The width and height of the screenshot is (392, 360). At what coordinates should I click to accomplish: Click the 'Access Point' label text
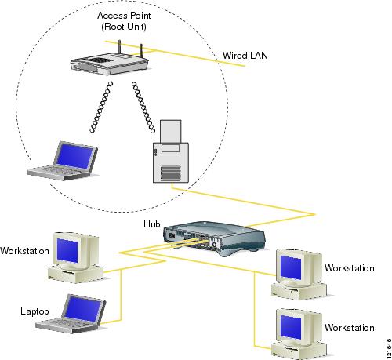pos(124,16)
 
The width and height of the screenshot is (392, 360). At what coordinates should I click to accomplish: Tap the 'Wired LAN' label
pos(245,56)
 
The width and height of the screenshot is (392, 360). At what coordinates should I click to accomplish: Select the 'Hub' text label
pos(152,224)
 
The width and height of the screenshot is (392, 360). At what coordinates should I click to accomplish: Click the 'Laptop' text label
pos(34,311)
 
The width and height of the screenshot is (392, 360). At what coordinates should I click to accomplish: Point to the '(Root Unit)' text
pos(124,27)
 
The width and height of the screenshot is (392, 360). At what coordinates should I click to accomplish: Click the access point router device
pos(110,63)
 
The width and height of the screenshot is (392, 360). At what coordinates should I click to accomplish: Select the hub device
pos(214,238)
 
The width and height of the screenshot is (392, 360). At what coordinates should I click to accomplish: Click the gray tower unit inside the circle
pos(171,151)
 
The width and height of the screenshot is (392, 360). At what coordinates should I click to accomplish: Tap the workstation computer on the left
pos(75,257)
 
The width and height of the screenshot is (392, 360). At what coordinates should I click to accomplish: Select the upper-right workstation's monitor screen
pos(291,267)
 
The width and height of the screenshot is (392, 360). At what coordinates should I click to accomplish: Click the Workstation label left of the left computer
pos(24,251)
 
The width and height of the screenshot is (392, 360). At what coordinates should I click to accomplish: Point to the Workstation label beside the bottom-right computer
pos(350,328)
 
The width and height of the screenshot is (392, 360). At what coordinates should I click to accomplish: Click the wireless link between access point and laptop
pos(101,107)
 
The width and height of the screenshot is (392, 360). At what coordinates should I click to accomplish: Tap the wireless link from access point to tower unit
pos(143,107)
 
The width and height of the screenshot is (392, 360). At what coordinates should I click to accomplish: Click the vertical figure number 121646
pos(389,347)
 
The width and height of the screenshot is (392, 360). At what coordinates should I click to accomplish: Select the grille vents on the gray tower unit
pos(170,173)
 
